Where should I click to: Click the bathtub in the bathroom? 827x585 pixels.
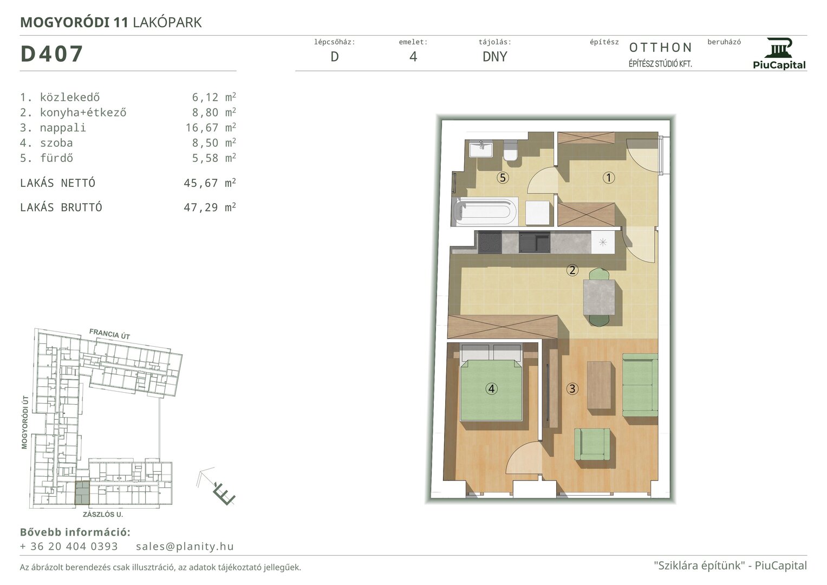484,212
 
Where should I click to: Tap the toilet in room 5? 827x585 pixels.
511,150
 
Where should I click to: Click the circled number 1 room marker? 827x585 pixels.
608,178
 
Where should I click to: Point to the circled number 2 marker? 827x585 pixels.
572,270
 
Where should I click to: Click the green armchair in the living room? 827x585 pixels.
592,444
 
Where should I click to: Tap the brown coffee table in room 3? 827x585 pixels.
599,385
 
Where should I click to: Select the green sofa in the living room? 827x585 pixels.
640,385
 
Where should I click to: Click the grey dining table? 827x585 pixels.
599,297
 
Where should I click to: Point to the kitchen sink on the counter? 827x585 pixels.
534,242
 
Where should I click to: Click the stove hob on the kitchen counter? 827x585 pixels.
490,242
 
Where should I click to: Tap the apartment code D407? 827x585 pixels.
51,54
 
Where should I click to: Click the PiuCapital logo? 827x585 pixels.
779,54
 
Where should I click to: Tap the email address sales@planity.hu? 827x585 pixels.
185,546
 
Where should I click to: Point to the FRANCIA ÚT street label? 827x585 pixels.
109,334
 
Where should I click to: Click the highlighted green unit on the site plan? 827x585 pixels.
82,493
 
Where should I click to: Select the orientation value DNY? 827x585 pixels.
494,56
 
